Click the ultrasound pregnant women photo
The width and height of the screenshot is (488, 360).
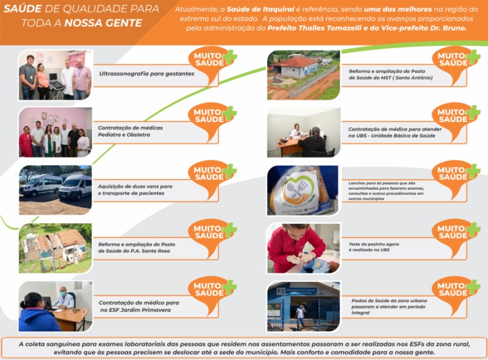click(55, 75)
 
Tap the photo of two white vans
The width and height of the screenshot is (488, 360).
click(55, 189)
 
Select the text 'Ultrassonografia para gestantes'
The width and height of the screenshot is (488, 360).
click(146, 74)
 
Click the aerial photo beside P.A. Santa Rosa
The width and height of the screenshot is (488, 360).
click(55, 247)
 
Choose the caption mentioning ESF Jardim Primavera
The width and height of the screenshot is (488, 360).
click(139, 306)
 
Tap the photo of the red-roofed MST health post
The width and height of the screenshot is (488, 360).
click(303, 75)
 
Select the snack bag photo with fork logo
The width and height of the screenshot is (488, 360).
click(303, 190)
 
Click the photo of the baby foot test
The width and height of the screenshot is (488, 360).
click(303, 248)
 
